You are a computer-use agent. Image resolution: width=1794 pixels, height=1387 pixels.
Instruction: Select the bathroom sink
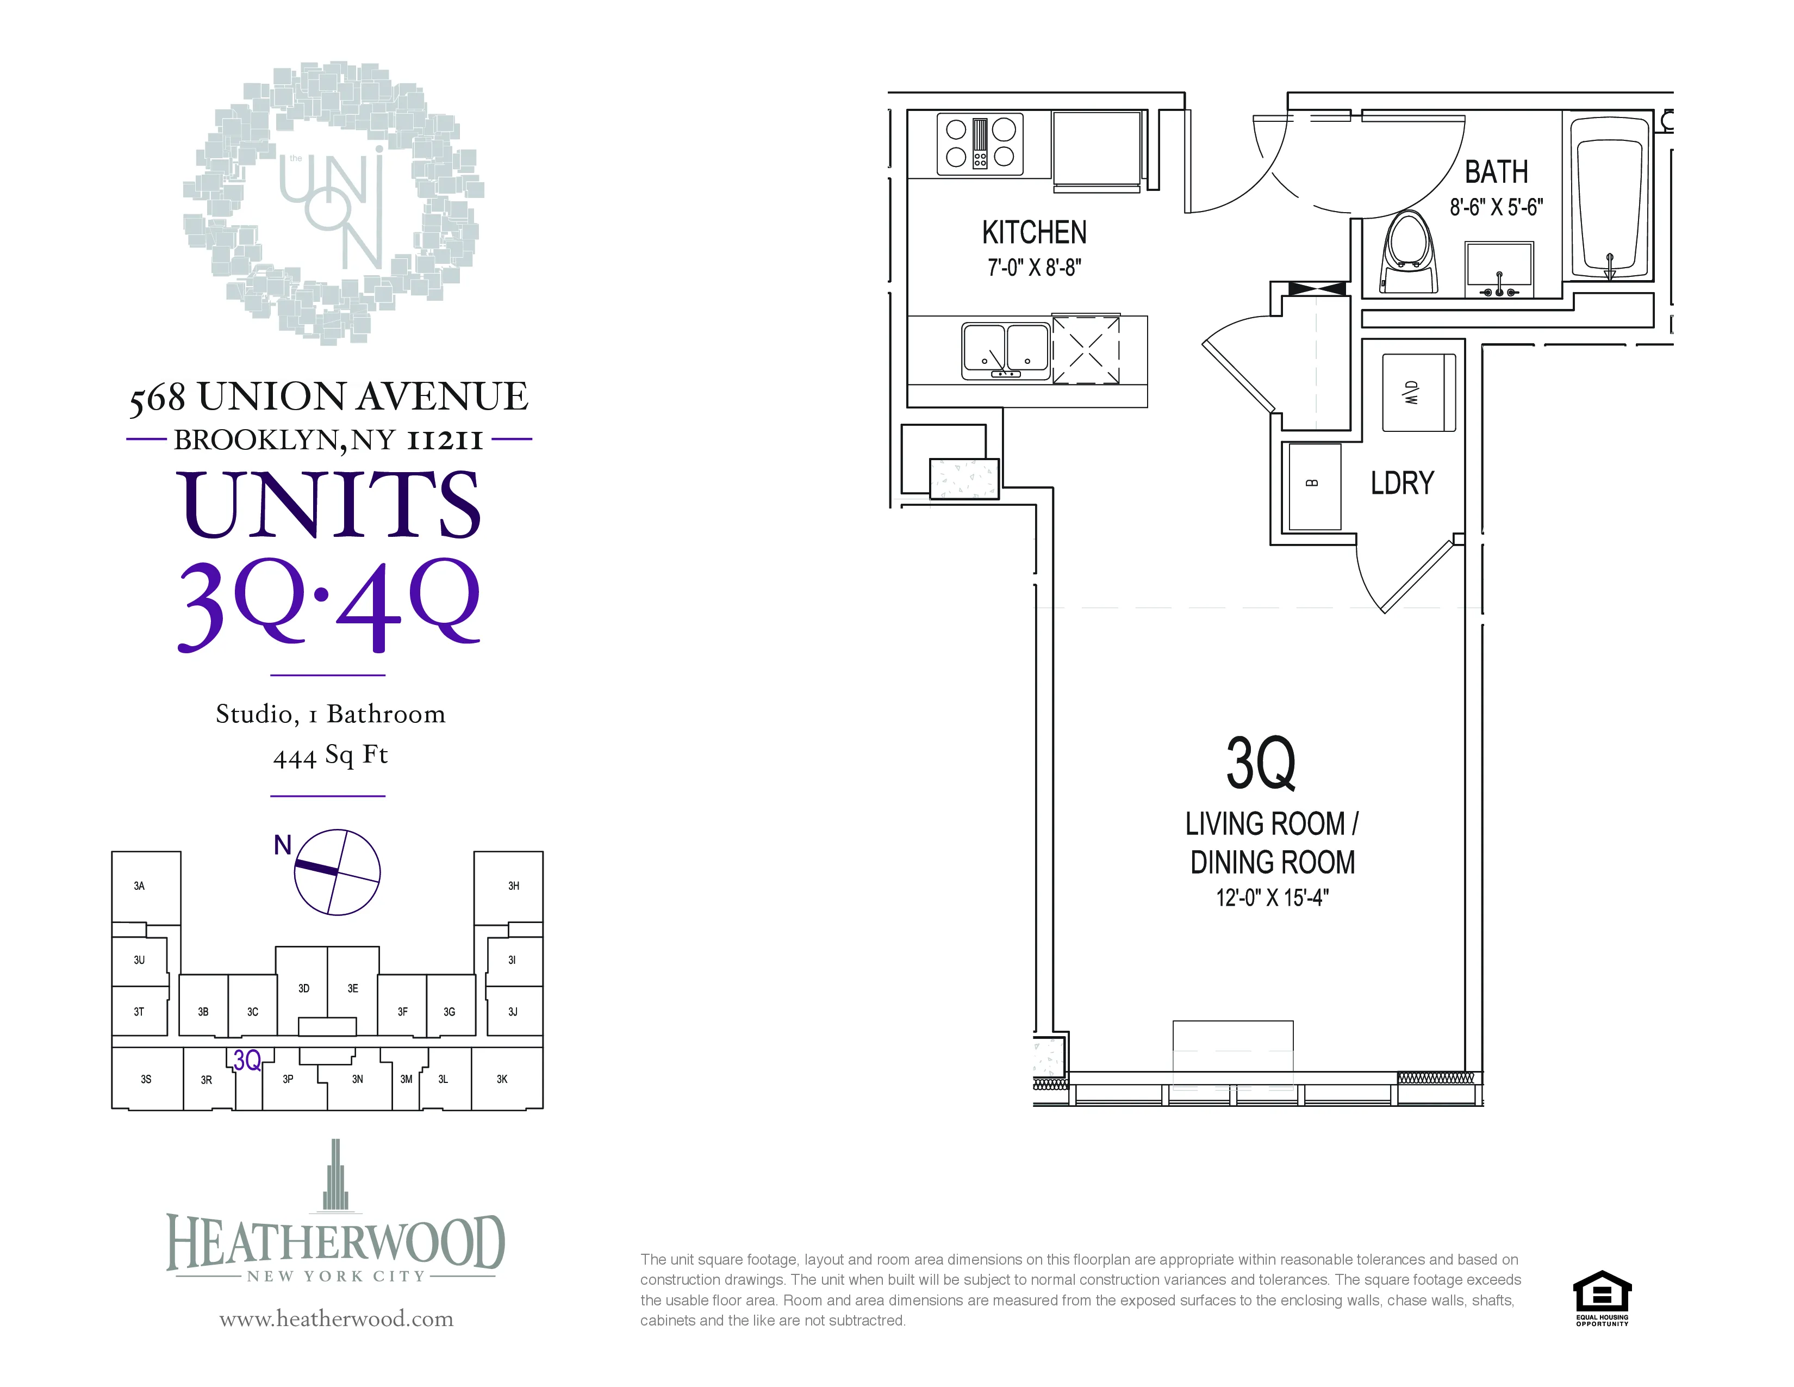coord(1499,268)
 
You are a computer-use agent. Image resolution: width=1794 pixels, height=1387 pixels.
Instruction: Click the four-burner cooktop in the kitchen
coord(980,144)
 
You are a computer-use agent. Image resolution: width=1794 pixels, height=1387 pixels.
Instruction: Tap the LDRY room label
coord(1402,483)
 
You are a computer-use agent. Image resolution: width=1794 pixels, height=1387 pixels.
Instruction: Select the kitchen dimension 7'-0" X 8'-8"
coord(1034,268)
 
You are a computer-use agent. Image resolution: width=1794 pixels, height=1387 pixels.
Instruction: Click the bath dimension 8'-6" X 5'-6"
coord(1496,207)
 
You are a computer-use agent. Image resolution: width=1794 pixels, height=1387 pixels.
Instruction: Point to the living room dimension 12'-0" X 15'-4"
coord(1272,897)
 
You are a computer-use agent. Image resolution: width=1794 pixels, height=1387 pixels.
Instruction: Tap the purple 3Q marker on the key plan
coord(246,1060)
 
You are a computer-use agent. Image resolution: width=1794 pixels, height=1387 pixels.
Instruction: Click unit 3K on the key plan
coord(502,1079)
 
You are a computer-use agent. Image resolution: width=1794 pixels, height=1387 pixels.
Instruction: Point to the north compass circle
coord(337,872)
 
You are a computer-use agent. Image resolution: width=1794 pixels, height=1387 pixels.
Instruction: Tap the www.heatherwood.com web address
coord(336,1319)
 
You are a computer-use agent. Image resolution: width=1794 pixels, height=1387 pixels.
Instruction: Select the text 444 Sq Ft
coord(329,755)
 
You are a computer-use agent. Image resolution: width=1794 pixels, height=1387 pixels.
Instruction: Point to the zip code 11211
coord(444,441)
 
